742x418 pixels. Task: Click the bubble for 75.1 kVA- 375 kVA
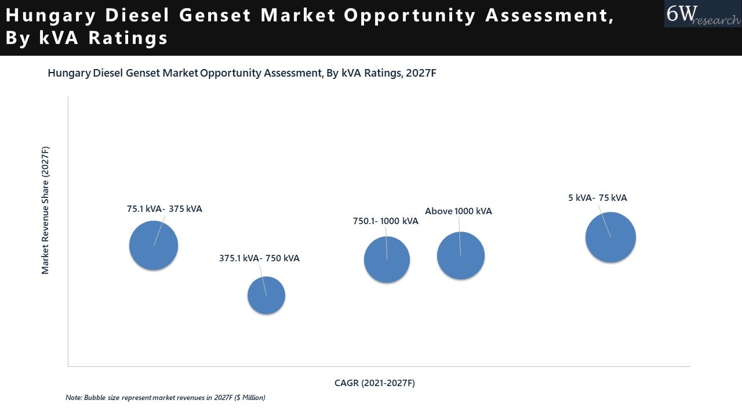pos(154,246)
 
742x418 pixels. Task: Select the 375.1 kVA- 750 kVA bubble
pos(266,296)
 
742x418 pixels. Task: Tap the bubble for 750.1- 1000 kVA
pos(387,260)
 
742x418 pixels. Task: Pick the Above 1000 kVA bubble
pos(460,255)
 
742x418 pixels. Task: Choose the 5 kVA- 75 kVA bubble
pos(610,237)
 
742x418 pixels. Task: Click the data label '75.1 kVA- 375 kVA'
pos(165,209)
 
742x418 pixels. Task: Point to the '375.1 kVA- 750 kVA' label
pos(259,258)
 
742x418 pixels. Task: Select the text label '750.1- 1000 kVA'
pos(385,221)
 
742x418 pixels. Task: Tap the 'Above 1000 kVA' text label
pos(458,211)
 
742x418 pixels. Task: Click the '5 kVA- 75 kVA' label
pos(597,198)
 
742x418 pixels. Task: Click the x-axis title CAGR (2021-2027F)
pos(374,383)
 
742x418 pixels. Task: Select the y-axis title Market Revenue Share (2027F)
pos(45,210)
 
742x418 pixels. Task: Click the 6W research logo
pos(703,14)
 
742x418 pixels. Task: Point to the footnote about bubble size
pos(165,398)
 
